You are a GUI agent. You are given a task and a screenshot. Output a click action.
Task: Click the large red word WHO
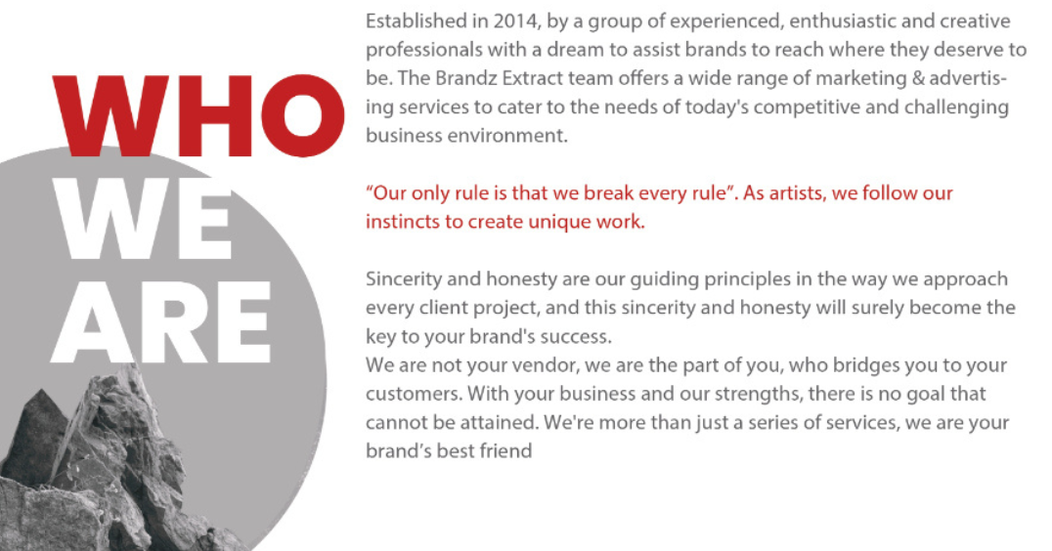pos(198,115)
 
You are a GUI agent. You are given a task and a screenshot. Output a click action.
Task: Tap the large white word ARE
pos(161,322)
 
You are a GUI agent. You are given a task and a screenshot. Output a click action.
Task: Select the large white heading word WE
pos(142,219)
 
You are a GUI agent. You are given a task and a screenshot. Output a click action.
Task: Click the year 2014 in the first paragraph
pos(515,21)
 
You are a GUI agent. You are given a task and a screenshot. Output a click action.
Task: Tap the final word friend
pos(505,451)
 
